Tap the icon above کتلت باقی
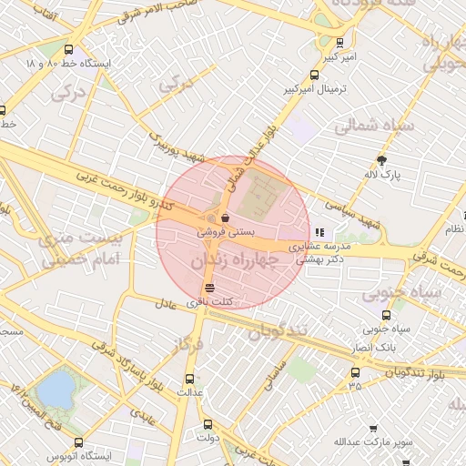click(211, 289)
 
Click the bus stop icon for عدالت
click(189, 379)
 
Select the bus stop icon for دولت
click(208, 423)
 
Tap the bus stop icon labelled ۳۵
click(355, 372)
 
